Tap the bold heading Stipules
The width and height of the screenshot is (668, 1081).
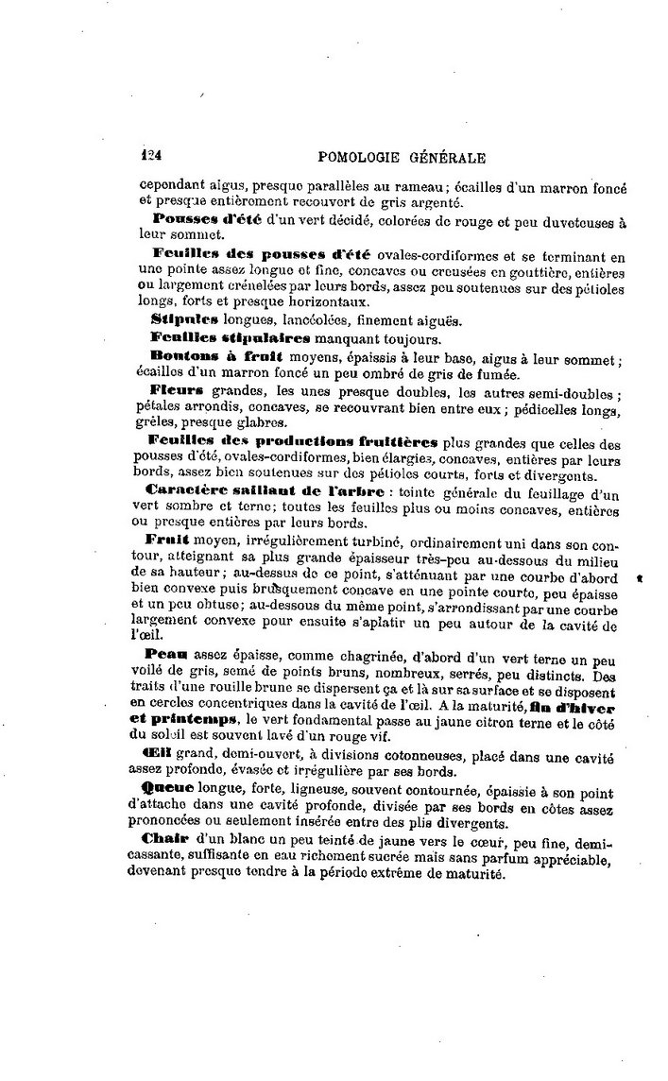[x=178, y=320]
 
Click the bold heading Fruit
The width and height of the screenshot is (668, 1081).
[x=169, y=538]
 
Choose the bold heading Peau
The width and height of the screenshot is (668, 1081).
[x=166, y=653]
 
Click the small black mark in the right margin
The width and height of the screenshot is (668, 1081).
[x=640, y=575]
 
